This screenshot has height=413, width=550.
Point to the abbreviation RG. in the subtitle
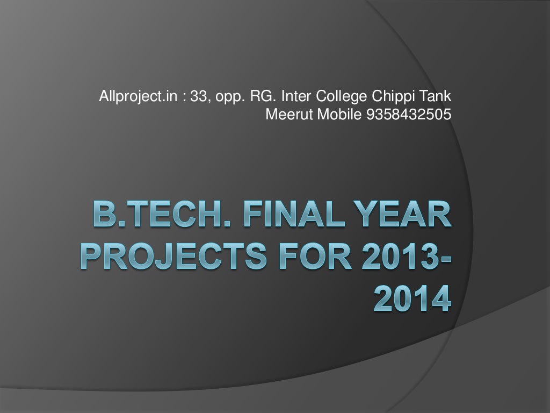click(262, 98)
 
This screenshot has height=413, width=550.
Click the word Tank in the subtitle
click(436, 98)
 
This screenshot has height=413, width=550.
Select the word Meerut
click(285, 114)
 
